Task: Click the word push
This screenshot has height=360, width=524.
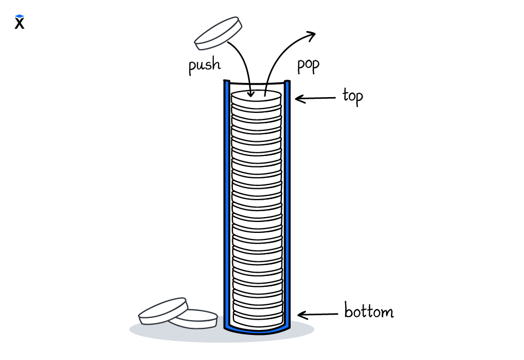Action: coord(204,65)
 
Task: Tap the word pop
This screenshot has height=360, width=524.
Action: coord(308,65)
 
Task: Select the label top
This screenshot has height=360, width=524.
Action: coord(352,97)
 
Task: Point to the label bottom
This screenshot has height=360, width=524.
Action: coord(369,312)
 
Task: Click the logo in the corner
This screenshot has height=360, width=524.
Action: coord(20,22)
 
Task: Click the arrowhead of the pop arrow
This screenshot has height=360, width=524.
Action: coord(311,35)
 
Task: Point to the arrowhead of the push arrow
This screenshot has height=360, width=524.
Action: coord(251,94)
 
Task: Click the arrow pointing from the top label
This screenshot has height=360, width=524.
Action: coord(315,99)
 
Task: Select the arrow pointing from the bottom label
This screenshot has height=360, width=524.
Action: coord(317,315)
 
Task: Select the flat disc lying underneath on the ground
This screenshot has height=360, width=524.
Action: coord(196,320)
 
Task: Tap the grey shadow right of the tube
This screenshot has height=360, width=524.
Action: coord(303,329)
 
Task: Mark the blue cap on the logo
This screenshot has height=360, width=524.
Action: coord(20,17)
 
